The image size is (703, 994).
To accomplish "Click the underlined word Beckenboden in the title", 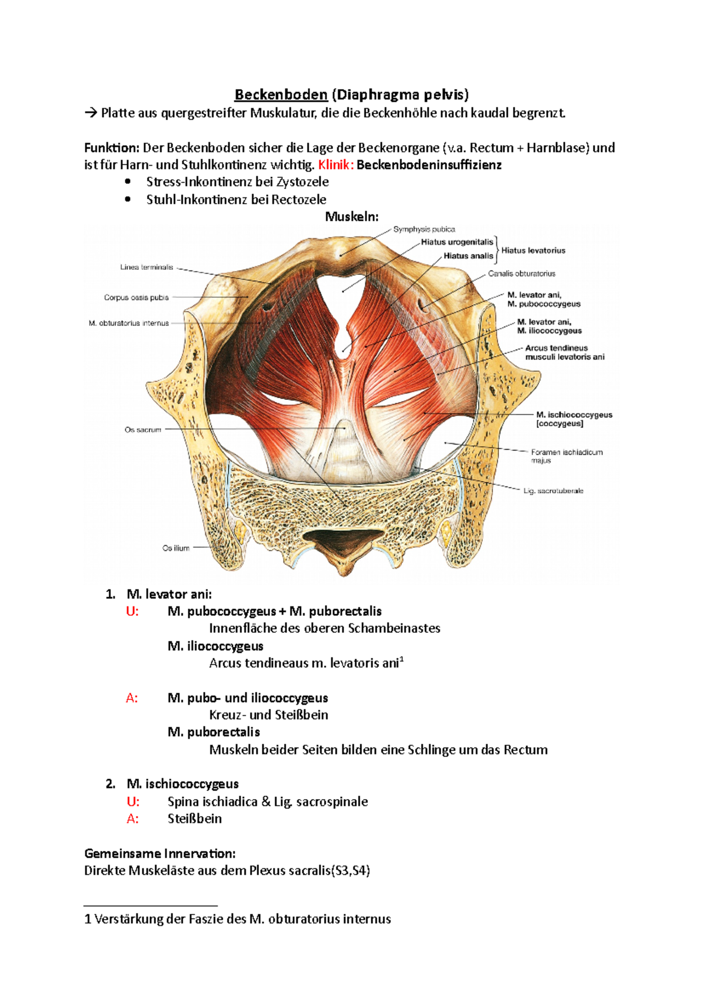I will click(281, 95).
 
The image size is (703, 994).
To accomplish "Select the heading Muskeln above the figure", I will click(351, 217).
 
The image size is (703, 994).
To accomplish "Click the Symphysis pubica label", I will click(424, 229).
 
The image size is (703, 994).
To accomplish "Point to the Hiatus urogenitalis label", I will click(457, 242).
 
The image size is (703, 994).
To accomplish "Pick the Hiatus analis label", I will click(468, 256).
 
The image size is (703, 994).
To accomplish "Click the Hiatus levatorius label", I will click(533, 251).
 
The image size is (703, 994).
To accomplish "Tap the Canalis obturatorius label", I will click(521, 273).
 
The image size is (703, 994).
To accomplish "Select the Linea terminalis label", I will click(146, 268).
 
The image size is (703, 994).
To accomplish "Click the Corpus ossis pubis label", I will click(136, 297).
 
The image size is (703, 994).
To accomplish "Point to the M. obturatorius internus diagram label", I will click(128, 323).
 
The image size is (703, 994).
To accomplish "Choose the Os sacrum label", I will click(142, 430).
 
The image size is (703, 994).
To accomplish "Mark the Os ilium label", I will click(176, 549).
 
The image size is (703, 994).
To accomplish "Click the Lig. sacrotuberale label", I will click(553, 491).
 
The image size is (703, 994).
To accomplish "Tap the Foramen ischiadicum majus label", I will click(567, 456).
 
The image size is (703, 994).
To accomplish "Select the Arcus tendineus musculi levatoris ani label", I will click(564, 352).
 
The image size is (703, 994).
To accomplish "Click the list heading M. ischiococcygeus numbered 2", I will click(182, 784).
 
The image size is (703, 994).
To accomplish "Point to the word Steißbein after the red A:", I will click(194, 819).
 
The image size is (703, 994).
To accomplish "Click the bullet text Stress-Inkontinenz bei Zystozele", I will click(237, 182).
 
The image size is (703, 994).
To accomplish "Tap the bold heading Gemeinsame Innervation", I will click(159, 854).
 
